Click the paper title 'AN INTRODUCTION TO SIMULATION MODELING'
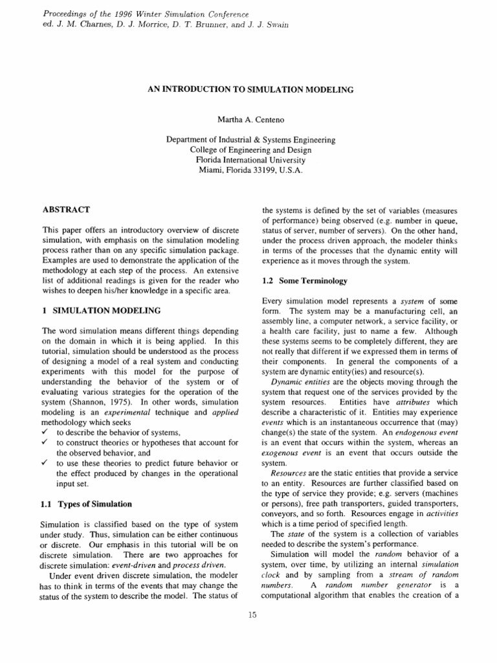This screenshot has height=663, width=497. (x=250, y=90)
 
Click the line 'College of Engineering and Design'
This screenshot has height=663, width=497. (x=250, y=150)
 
